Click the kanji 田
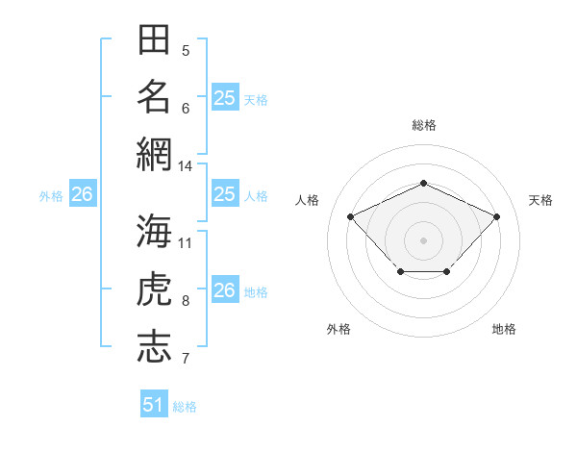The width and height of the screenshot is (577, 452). (154, 40)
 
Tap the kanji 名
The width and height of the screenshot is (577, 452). (154, 97)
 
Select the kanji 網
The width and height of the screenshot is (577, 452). (154, 154)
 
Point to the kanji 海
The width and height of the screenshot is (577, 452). (154, 232)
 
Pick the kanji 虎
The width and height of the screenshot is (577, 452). (154, 289)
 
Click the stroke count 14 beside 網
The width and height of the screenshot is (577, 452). (186, 166)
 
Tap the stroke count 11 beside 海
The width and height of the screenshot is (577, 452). (186, 243)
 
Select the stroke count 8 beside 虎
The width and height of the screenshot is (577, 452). (186, 301)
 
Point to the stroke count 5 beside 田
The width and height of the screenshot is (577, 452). (186, 51)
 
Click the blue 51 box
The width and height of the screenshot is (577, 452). (154, 405)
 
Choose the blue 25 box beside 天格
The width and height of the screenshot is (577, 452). (225, 98)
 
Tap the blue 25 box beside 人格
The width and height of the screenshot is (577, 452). (225, 194)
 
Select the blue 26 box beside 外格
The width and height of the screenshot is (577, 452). (83, 194)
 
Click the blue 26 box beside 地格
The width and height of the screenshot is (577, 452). (225, 290)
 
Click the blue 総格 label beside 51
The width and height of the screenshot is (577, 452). (185, 407)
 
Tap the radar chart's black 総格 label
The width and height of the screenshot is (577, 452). (423, 125)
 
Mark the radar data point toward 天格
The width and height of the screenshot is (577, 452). (496, 216)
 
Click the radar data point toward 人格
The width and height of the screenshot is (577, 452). (351, 216)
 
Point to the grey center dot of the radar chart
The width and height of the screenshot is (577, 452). (423, 239)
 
